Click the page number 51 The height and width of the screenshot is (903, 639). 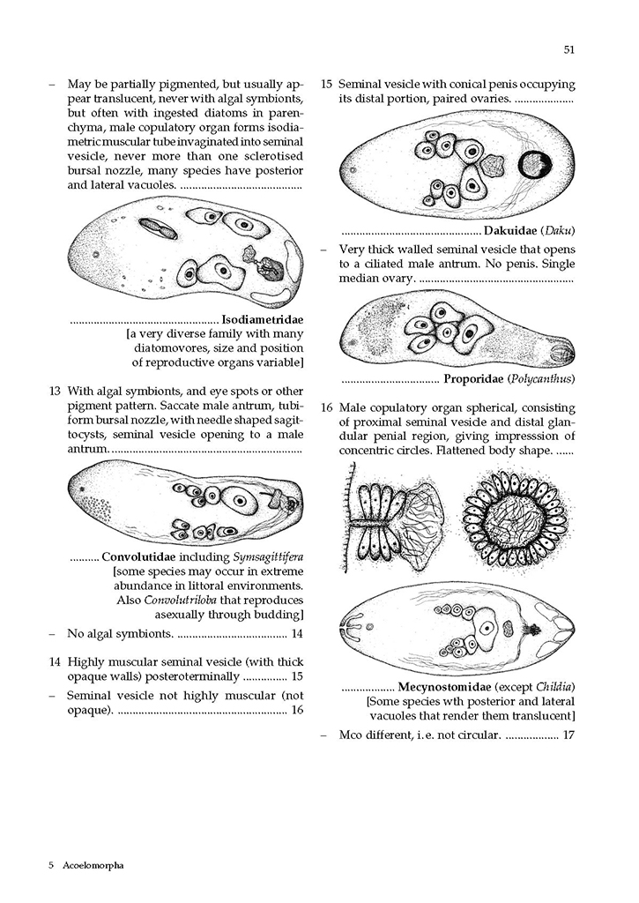point(568,49)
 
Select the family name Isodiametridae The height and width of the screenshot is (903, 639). point(263,319)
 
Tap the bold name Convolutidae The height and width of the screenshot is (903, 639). point(143,556)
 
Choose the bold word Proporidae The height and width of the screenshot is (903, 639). point(473,379)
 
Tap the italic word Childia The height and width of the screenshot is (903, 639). point(554,686)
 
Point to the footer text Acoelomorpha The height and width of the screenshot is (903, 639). point(93,865)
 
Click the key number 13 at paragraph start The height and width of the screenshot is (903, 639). point(55,391)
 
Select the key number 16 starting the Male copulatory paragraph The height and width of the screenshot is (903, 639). point(326,408)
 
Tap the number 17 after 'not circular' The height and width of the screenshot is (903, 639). point(568,734)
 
